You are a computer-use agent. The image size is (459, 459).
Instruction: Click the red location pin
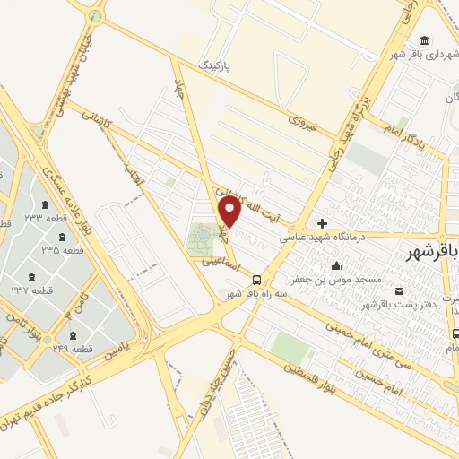[230, 212]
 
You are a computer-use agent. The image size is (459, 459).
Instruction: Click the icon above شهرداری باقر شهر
[423, 39]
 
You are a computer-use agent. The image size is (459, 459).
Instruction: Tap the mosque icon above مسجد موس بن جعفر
[336, 265]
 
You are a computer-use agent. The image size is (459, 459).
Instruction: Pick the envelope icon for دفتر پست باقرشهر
[399, 290]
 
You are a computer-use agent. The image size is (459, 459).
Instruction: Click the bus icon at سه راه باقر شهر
[257, 279]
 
